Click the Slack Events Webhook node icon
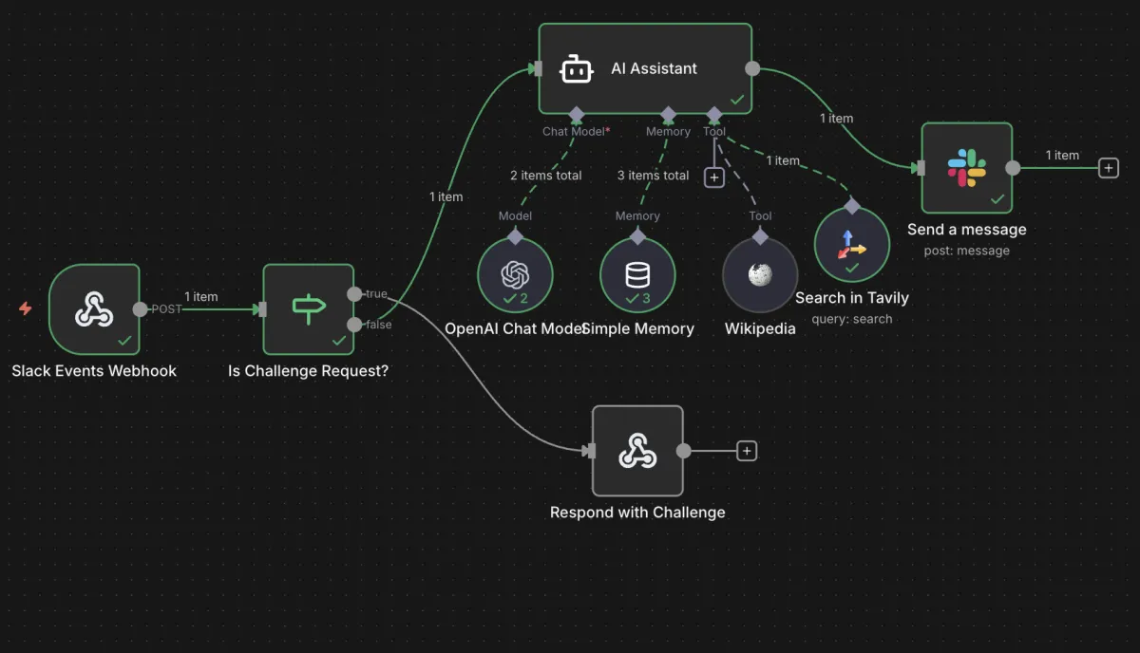[x=94, y=308]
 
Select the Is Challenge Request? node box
[x=308, y=309]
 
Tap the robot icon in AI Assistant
[x=577, y=68]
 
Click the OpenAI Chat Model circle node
[x=515, y=274]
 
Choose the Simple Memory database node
[x=637, y=274]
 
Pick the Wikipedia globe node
[x=760, y=274]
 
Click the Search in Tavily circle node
[x=852, y=244]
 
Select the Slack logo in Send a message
[x=967, y=168]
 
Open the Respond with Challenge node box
[x=637, y=451]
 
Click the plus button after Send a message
[x=1108, y=168]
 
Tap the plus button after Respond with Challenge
[x=747, y=451]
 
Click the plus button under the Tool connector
[x=713, y=177]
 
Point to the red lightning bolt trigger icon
[x=26, y=308]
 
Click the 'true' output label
[x=376, y=294]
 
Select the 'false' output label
[x=378, y=325]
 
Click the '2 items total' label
[x=546, y=176]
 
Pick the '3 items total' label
[x=654, y=176]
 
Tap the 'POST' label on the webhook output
[x=166, y=309]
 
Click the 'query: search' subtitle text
[x=852, y=319]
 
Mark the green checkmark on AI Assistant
[x=736, y=99]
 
